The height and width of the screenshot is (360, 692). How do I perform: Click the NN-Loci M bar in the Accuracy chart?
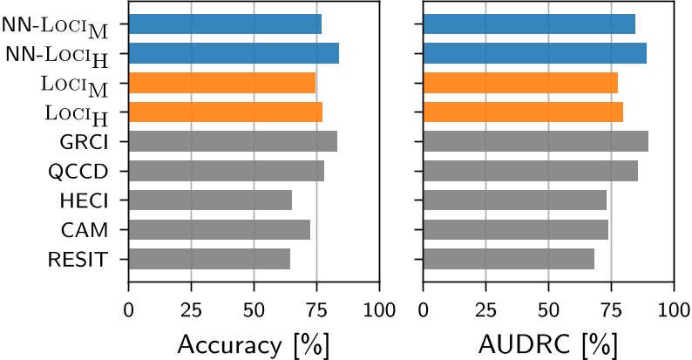click(225, 24)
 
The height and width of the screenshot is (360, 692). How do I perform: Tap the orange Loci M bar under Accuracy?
click(221, 83)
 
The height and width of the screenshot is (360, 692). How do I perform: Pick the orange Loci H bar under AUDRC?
click(523, 112)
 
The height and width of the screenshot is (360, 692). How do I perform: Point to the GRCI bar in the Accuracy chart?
click(233, 141)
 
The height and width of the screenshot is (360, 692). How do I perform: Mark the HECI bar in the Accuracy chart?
click(210, 200)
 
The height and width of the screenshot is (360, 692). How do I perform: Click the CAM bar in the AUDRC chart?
click(515, 229)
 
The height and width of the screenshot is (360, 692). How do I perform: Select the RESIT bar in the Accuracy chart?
click(209, 259)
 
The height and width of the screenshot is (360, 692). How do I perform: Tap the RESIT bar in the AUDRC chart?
click(508, 259)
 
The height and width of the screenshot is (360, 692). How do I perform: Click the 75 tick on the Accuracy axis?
click(316, 309)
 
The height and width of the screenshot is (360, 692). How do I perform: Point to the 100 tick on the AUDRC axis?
click(673, 309)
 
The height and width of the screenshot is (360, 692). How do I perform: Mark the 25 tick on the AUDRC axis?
click(485, 309)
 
